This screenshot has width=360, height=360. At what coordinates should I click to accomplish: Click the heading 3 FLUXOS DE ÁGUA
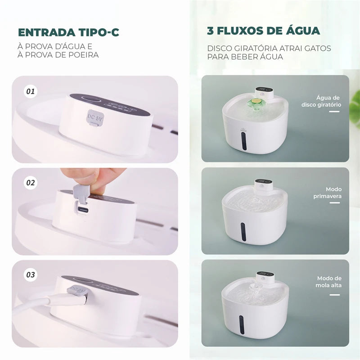264,31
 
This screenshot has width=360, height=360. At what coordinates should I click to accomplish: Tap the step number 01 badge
31,91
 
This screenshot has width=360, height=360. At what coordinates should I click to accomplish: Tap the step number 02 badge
31,183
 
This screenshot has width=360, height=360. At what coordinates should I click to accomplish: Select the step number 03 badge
31,274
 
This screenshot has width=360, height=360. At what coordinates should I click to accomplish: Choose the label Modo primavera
327,193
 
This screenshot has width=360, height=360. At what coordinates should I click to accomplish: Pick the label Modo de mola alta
329,282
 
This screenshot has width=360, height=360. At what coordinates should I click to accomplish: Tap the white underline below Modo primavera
334,203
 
